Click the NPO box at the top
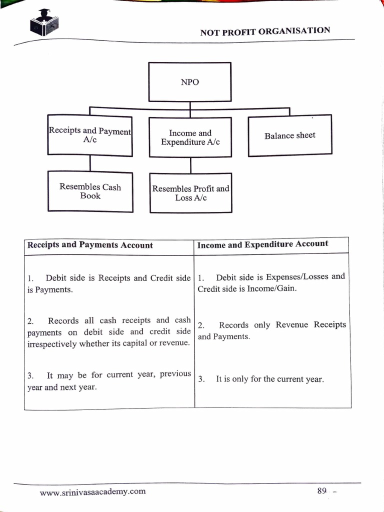point(189,82)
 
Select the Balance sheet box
point(290,135)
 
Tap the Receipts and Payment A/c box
point(90,135)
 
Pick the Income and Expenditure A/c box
point(190,137)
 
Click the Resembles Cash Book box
point(90,191)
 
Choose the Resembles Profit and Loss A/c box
point(190,193)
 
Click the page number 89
point(321,490)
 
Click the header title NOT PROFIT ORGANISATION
point(265,31)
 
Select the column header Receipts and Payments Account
point(90,245)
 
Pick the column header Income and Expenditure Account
point(262,244)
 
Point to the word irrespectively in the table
point(52,343)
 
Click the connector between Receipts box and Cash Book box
point(90,163)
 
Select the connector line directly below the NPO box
point(189,105)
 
